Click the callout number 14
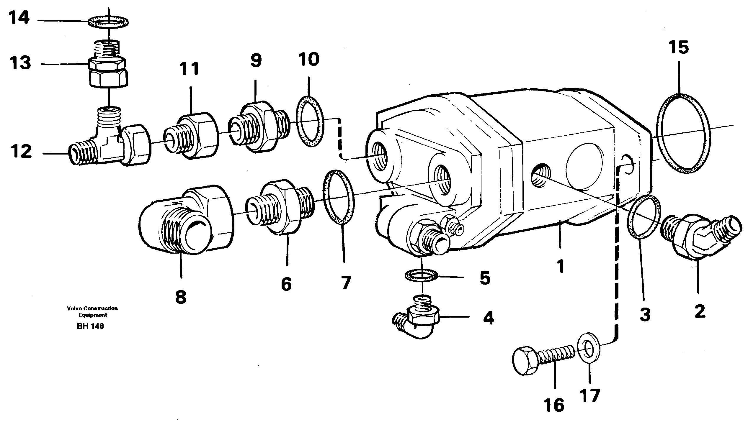pos(19,18)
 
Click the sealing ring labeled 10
pos(309,121)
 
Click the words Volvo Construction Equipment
pos(92,311)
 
